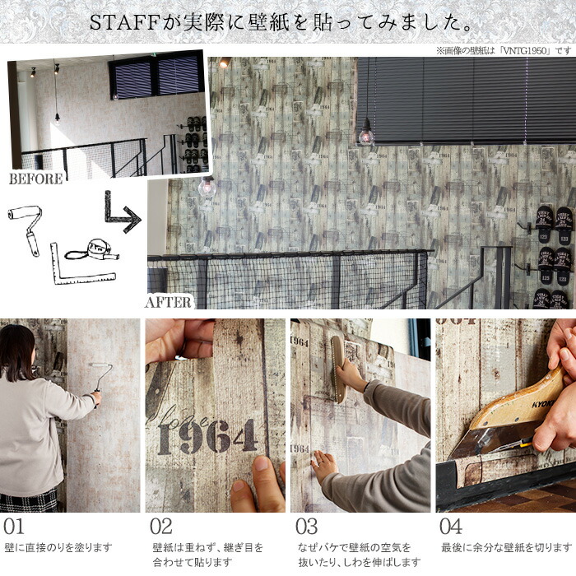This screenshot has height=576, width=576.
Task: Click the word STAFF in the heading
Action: coord(124,23)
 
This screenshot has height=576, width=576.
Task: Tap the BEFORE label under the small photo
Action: coord(36,179)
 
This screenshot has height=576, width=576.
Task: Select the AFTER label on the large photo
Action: coord(170,302)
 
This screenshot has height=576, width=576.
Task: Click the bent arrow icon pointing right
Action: coord(122,213)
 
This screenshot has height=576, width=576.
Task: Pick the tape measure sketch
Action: coord(92,250)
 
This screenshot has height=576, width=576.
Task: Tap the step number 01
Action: coord(14,527)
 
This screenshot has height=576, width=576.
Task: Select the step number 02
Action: coord(161,527)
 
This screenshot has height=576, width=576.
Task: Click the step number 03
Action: coord(307,527)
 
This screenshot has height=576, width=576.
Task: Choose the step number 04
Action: coord(451,527)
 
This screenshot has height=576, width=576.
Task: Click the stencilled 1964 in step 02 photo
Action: coord(208,436)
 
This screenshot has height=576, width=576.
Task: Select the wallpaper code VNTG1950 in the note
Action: coord(526,51)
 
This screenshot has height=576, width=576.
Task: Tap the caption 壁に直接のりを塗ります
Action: coord(58,548)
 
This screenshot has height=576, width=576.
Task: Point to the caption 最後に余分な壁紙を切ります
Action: coord(507,548)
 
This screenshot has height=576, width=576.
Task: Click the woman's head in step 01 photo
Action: coord(17,352)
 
